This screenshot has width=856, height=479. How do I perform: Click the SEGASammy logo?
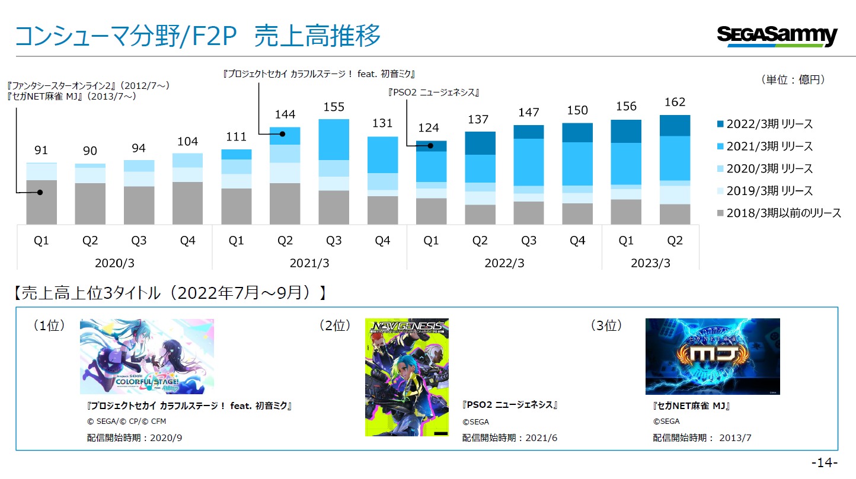point(777,36)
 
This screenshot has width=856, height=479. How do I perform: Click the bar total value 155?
point(334,107)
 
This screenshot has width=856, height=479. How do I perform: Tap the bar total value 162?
point(675,102)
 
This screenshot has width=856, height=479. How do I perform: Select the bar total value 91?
point(41,150)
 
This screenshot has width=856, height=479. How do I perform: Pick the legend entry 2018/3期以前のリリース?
point(779,213)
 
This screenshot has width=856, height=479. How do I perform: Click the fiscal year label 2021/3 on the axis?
point(309,263)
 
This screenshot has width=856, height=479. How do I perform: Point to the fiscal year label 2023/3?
point(650,263)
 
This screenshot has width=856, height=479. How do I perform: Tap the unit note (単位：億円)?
point(793,79)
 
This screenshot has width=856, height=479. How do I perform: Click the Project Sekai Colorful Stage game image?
point(147,356)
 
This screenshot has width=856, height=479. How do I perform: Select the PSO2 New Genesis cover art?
point(407,377)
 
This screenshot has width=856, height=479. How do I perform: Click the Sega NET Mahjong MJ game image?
point(713,356)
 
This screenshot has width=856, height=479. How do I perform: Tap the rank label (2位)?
point(335,325)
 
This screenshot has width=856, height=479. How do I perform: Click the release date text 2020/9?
point(166,438)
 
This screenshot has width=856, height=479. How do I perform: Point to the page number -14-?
point(825,463)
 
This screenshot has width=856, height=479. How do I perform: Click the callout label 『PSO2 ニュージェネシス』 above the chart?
point(433,92)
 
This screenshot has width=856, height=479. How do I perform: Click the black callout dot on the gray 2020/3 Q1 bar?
point(40,192)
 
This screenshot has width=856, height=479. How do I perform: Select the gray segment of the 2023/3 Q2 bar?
point(675,214)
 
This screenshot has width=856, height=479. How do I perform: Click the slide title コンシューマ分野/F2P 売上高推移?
point(198,36)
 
